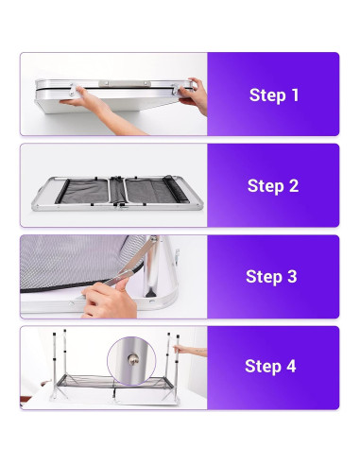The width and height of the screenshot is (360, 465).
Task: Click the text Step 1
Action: point(274,95)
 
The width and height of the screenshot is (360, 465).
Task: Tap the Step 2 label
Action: point(273,185)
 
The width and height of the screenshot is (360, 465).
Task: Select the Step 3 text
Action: point(271,276)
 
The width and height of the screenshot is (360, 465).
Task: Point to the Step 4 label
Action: point(270,366)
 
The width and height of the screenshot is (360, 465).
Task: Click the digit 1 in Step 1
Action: point(295,95)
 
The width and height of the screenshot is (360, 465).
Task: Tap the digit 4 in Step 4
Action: point(291,366)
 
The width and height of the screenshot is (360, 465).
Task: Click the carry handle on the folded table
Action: point(124,83)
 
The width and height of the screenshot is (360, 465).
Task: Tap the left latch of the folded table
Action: point(73,90)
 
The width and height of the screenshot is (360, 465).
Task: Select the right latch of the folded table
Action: point(175,90)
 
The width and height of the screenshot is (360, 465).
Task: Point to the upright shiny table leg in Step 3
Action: point(154,267)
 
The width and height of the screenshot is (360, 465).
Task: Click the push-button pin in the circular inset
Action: point(132,359)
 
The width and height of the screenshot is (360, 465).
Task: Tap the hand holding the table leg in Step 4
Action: point(189,350)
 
